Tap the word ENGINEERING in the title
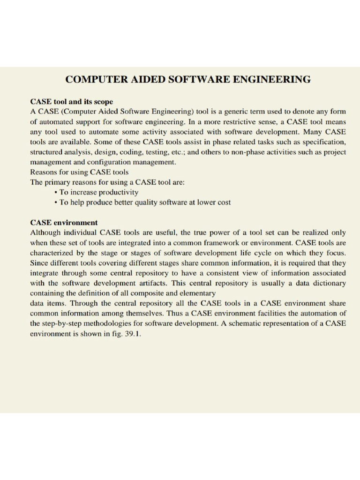coord(273,79)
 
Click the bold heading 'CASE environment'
coord(64,222)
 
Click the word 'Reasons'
coord(44,172)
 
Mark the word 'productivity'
coord(119,193)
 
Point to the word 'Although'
coord(45,232)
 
